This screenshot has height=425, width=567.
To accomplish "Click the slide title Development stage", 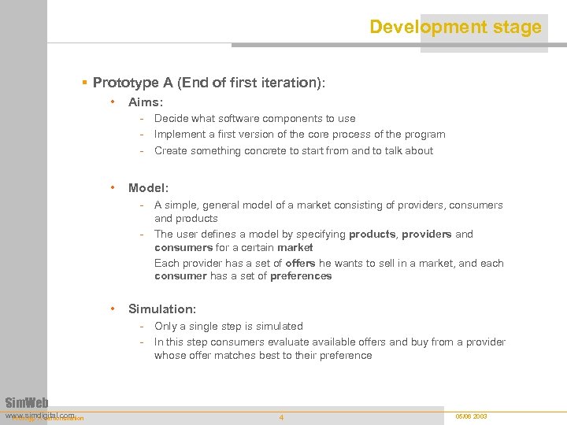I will tap(455, 27).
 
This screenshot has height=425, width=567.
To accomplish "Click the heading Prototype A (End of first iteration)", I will tap(209, 83).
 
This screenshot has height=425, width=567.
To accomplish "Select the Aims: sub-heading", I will tap(146, 102).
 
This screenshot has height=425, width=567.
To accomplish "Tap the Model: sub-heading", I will tap(148, 188).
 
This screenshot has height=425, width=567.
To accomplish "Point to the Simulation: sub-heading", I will tap(162, 309).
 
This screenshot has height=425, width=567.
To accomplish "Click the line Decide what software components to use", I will tap(254, 119).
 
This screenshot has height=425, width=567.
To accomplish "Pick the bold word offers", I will tap(300, 263).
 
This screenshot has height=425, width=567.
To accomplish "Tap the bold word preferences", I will tap(300, 276).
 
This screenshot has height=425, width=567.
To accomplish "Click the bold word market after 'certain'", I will tap(295, 248).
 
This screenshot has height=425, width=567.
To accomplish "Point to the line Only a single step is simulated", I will tap(228, 326).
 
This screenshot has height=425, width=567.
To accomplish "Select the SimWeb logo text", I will tap(27, 403).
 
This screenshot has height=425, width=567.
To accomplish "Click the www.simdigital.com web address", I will tap(39, 414).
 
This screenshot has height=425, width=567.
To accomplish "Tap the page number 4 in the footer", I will tap(281, 417).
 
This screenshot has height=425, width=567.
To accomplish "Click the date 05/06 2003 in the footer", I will tap(471, 416).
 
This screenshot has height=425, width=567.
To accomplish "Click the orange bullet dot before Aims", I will tap(114, 102).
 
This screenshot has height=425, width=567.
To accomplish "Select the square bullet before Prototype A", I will tap(85, 83).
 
